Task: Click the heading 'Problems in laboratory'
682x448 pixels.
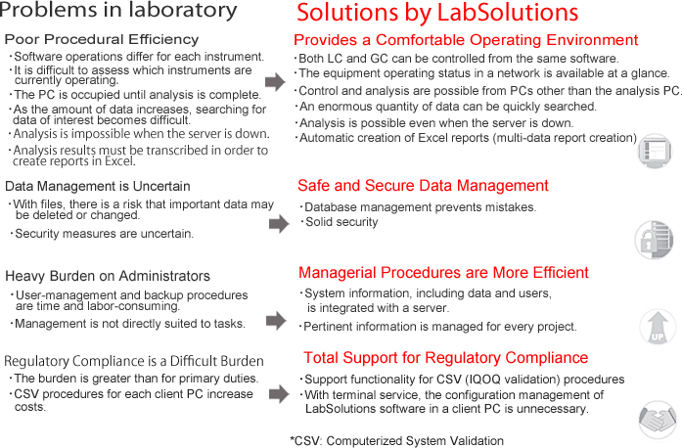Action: click(118, 11)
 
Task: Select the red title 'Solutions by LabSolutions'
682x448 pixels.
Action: click(437, 13)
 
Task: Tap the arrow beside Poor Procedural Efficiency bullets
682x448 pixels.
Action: click(275, 81)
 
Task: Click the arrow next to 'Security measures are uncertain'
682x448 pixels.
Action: click(279, 224)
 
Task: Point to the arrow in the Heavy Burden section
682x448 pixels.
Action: click(276, 321)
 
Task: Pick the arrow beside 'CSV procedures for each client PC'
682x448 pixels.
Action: click(279, 394)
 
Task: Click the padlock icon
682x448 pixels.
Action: click(655, 240)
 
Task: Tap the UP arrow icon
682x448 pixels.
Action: click(658, 327)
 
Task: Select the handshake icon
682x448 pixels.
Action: click(658, 420)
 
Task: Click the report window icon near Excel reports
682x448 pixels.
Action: click(655, 151)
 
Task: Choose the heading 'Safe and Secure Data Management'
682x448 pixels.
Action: click(423, 186)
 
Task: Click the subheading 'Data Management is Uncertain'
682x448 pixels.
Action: click(98, 186)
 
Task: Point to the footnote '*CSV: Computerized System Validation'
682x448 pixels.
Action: click(396, 440)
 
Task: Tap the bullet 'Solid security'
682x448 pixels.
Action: click(340, 222)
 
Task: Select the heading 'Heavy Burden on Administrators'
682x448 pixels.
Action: click(108, 276)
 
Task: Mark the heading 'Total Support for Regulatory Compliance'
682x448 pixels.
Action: click(446, 358)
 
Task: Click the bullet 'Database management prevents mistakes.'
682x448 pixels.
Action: click(418, 207)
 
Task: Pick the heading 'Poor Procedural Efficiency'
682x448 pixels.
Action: click(102, 39)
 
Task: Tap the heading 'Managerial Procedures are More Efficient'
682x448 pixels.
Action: click(443, 273)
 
